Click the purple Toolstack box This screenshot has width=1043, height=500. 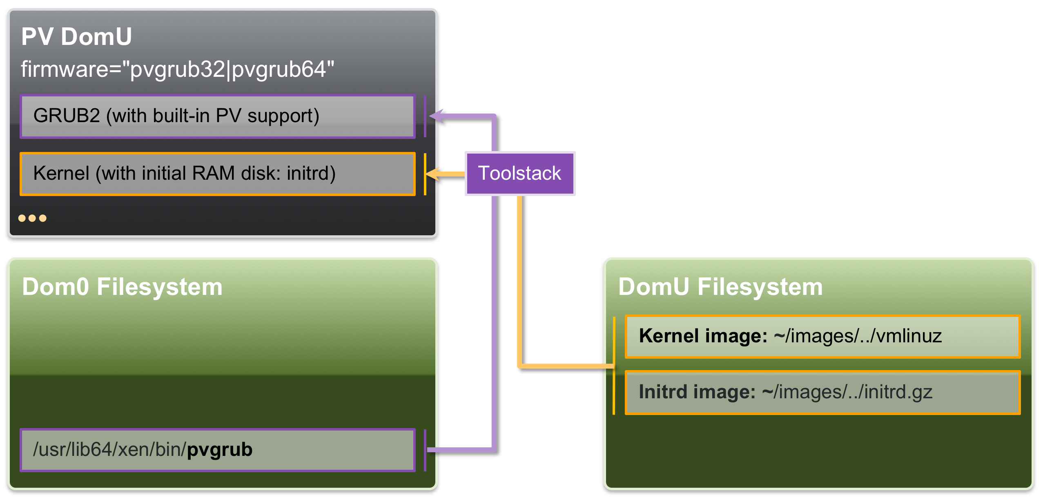(x=519, y=173)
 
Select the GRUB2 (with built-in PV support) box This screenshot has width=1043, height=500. (x=217, y=116)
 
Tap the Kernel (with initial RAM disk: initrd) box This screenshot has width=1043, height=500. (x=217, y=174)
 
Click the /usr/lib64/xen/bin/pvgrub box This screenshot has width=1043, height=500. (x=217, y=450)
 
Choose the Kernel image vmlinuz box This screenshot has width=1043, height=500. (x=822, y=336)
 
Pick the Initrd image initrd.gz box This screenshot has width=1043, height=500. (x=822, y=392)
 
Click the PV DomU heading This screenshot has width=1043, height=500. (x=76, y=37)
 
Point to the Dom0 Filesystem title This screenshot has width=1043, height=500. (x=122, y=287)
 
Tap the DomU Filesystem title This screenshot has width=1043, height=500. (x=720, y=287)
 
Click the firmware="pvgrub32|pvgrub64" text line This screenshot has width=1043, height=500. (x=178, y=69)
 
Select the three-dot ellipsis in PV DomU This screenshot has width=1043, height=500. (x=32, y=218)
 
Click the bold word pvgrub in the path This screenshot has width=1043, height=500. (x=220, y=450)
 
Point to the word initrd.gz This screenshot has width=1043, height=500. (x=898, y=392)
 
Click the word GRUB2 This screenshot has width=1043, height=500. (x=67, y=116)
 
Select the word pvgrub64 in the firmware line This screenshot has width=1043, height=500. (x=279, y=69)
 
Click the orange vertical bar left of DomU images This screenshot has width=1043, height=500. (x=614, y=366)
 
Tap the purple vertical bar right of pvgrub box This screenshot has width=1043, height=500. (x=425, y=450)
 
